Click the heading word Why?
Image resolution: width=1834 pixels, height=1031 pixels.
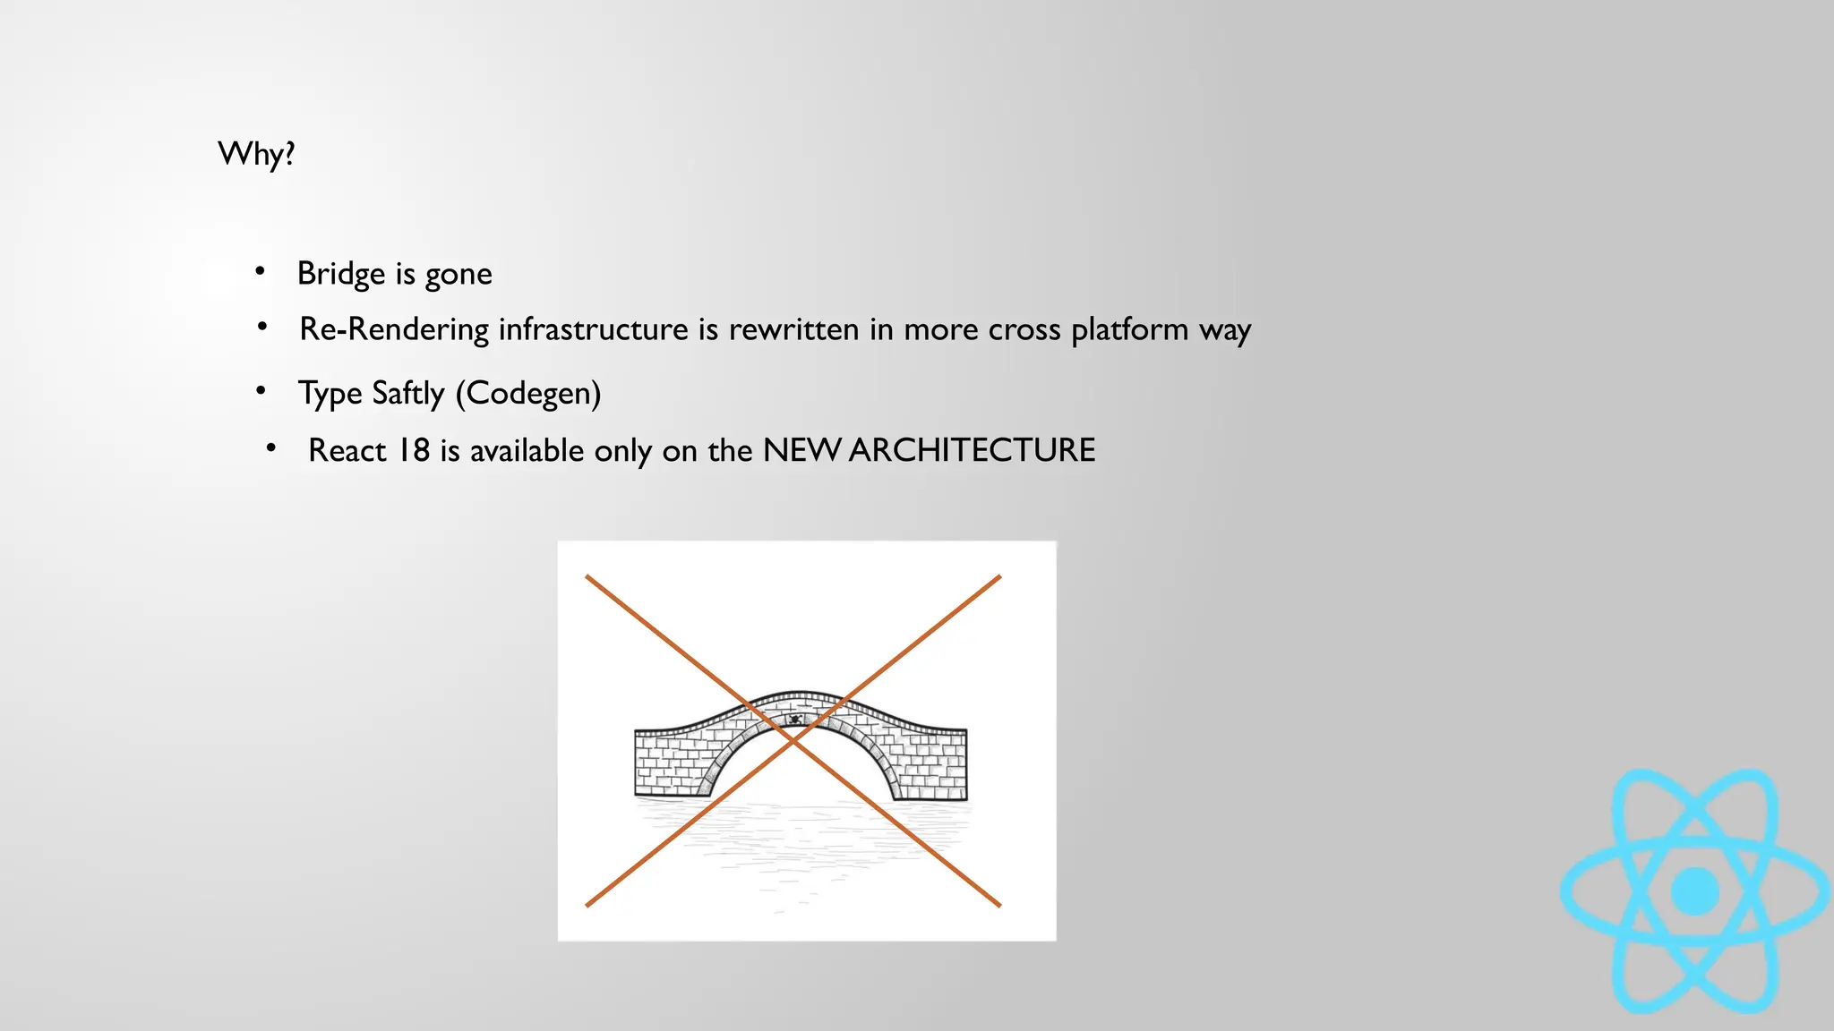tap(256, 154)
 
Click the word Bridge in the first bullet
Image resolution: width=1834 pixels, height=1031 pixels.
tap(340, 274)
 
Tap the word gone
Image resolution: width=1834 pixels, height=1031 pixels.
tap(458, 275)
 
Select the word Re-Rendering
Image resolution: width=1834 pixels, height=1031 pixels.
tap(394, 329)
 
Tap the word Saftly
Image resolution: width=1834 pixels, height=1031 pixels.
tap(407, 393)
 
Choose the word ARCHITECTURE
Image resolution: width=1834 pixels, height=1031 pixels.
tap(972, 450)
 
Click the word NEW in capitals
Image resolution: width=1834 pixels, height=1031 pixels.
tap(801, 450)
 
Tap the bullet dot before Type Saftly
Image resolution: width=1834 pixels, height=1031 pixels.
tap(261, 390)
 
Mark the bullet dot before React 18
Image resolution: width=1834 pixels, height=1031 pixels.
tap(270, 447)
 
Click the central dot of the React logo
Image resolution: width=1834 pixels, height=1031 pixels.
tap(1694, 891)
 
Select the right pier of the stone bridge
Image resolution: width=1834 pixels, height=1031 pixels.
tap(931, 765)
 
